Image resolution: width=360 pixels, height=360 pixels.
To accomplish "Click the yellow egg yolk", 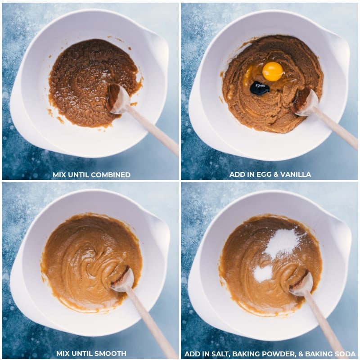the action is pyautogui.click(x=273, y=72).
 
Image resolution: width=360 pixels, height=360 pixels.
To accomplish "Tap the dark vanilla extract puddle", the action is pyautogui.click(x=260, y=88).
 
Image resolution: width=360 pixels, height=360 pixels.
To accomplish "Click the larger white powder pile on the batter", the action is pyautogui.click(x=283, y=243).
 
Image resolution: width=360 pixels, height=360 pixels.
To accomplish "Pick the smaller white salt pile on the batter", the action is pyautogui.click(x=263, y=273).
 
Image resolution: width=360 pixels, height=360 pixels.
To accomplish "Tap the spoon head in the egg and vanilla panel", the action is pyautogui.click(x=306, y=102).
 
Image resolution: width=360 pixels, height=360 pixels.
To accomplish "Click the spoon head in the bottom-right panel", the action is pyautogui.click(x=301, y=284).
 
